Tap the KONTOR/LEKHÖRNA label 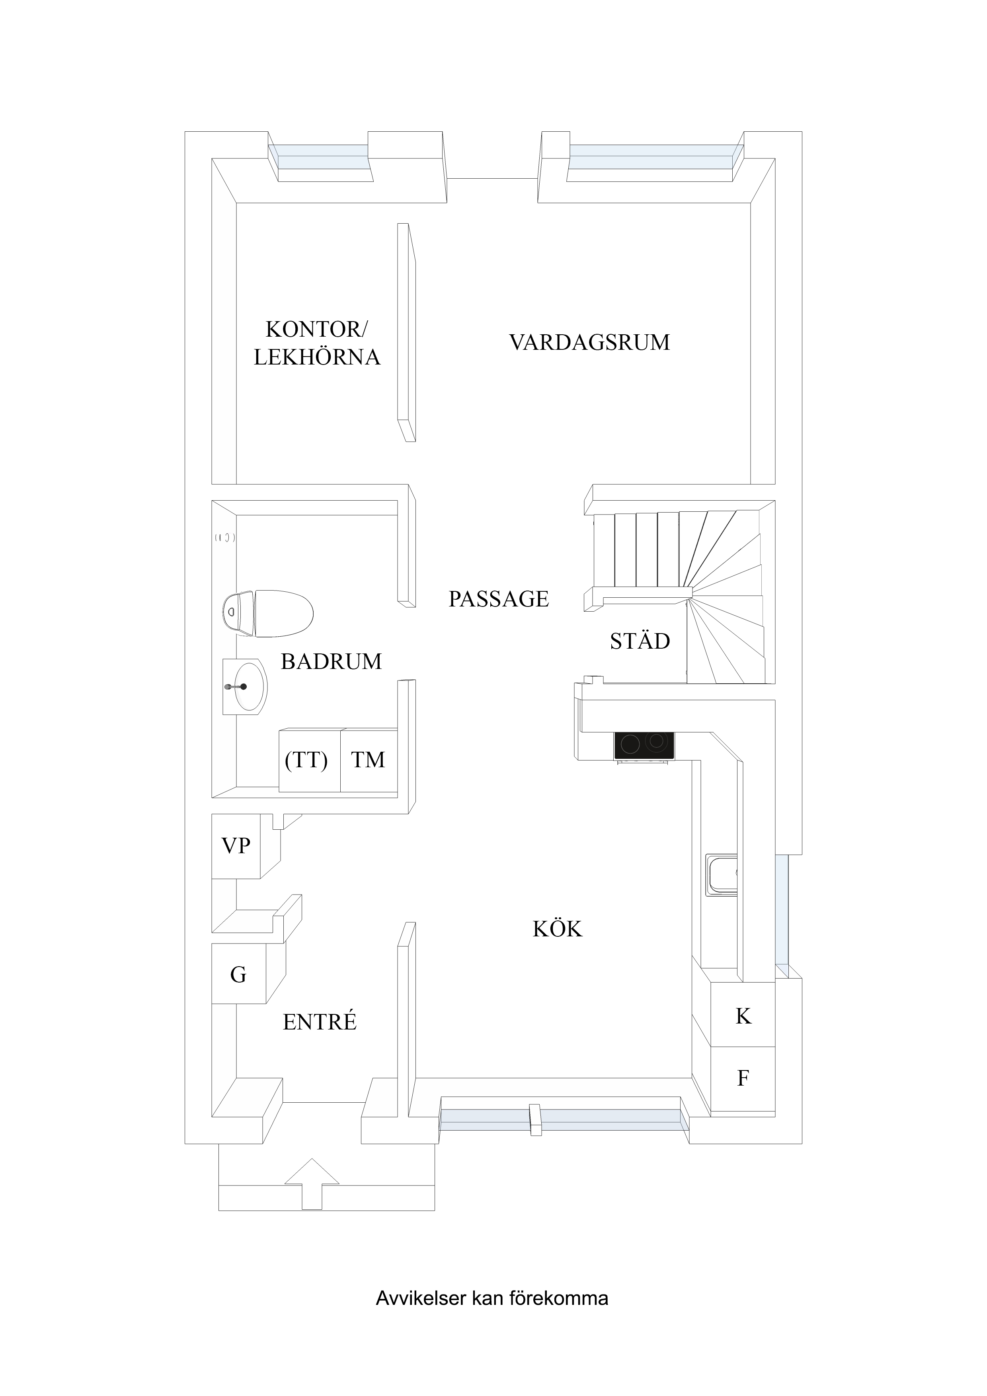tap(316, 343)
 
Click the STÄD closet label tap(640, 641)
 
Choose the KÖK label tap(557, 929)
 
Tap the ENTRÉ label tap(319, 1022)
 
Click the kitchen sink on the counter tap(721, 875)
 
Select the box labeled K tap(743, 1016)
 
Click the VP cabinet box tap(236, 846)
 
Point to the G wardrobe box tap(238, 975)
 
